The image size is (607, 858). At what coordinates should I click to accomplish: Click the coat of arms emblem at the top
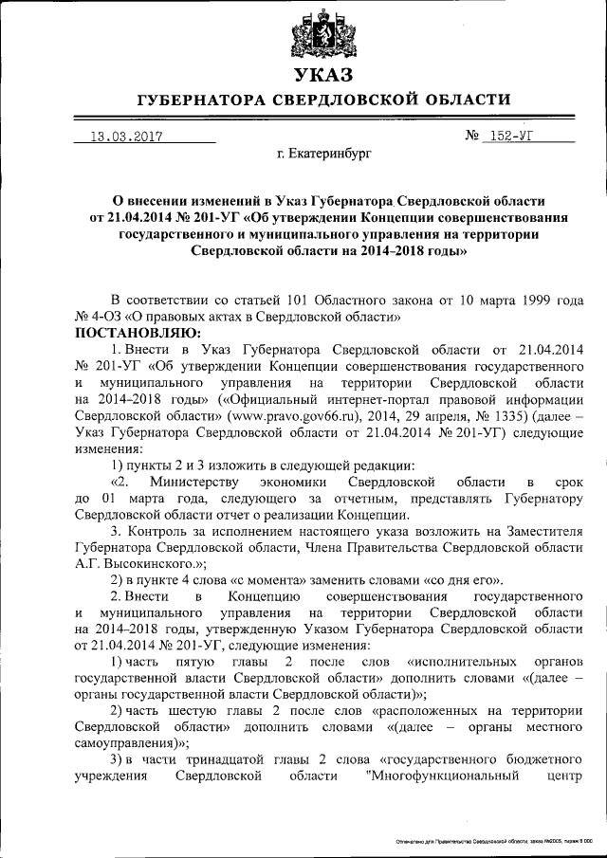[x=324, y=35]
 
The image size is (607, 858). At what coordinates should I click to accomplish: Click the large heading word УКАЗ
[x=323, y=74]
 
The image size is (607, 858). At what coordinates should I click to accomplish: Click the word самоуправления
[x=127, y=742]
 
